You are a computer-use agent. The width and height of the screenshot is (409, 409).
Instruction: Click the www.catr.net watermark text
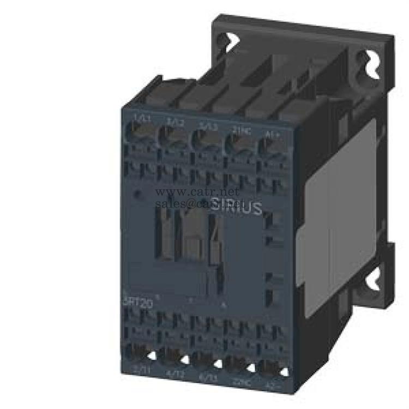[197, 193]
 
